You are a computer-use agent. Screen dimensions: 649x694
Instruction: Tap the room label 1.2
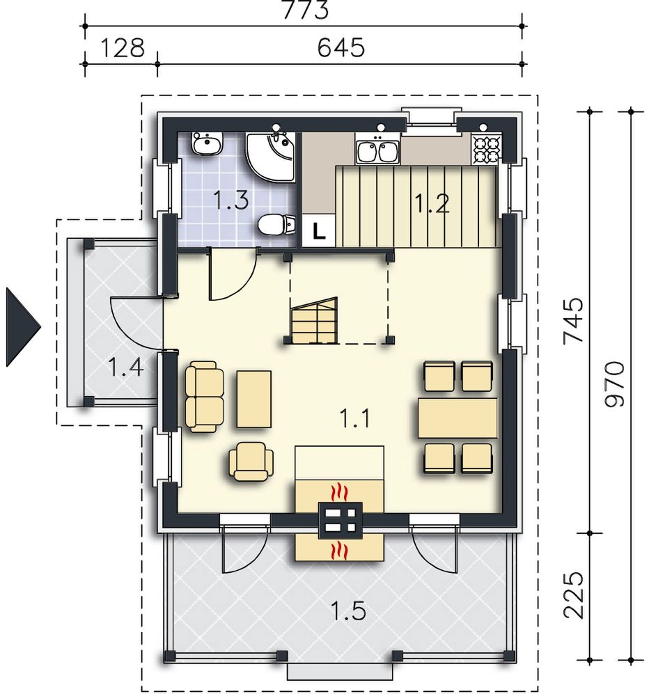432,203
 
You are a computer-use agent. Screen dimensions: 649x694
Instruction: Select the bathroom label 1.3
230,199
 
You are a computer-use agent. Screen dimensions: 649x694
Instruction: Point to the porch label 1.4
126,367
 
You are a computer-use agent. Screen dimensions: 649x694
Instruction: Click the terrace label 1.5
348,611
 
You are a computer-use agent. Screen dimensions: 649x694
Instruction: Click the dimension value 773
305,10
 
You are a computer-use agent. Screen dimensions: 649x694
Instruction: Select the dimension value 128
123,47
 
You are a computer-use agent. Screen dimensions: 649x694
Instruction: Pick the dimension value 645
341,47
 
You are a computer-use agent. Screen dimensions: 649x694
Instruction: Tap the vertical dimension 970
614,384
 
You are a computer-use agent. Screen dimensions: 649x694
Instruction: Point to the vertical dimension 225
573,595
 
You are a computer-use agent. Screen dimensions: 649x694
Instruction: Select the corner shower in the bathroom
270,157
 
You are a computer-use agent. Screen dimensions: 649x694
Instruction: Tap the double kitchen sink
378,151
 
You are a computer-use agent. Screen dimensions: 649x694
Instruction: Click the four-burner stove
487,149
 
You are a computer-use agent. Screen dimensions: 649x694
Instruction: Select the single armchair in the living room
251,462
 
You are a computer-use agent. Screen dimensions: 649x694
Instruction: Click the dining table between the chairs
458,418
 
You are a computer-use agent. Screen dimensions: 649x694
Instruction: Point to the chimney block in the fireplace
341,521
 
